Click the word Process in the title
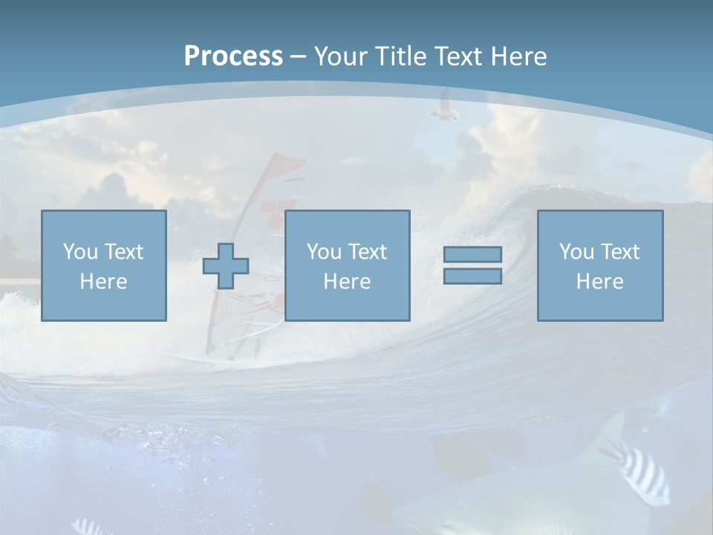(x=233, y=56)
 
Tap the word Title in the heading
(x=402, y=56)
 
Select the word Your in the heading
(x=342, y=56)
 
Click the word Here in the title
(x=518, y=56)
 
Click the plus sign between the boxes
(x=226, y=265)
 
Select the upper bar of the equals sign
(x=472, y=254)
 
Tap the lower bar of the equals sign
(x=472, y=276)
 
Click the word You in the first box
(x=80, y=252)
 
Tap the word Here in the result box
(x=600, y=282)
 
